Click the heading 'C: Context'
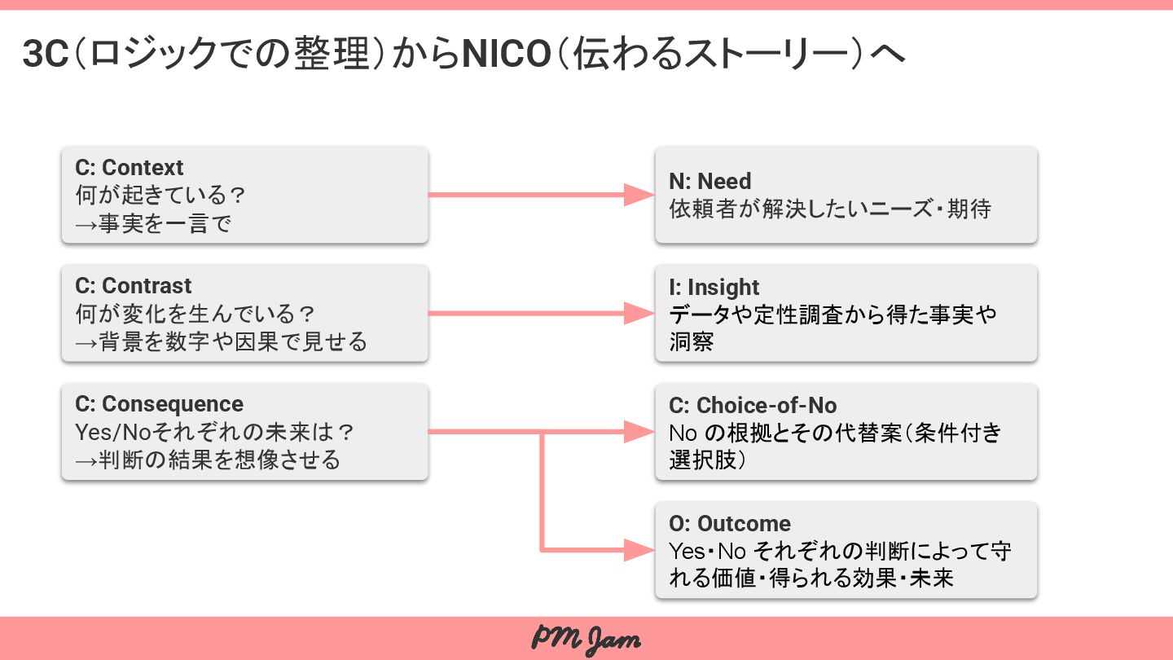pyautogui.click(x=130, y=168)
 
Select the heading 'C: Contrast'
pyautogui.click(x=134, y=286)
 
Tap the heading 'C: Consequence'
pyautogui.click(x=159, y=404)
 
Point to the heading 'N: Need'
pyautogui.click(x=710, y=182)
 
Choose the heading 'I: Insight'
pyautogui.click(x=714, y=288)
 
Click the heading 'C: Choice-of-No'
pyautogui.click(x=753, y=406)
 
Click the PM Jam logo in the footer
pyautogui.click(x=586, y=639)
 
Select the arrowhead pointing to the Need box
pyautogui.click(x=639, y=195)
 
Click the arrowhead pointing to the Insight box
pyautogui.click(x=639, y=313)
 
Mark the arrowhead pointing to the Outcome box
pyautogui.click(x=639, y=550)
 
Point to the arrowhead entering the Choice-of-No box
pyautogui.click(x=639, y=432)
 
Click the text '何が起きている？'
pyautogui.click(x=160, y=196)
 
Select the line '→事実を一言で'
pyautogui.click(x=153, y=223)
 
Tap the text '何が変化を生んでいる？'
pyautogui.click(x=195, y=314)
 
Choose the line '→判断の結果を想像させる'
pyautogui.click(x=208, y=460)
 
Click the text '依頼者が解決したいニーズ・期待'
pyautogui.click(x=830, y=209)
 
